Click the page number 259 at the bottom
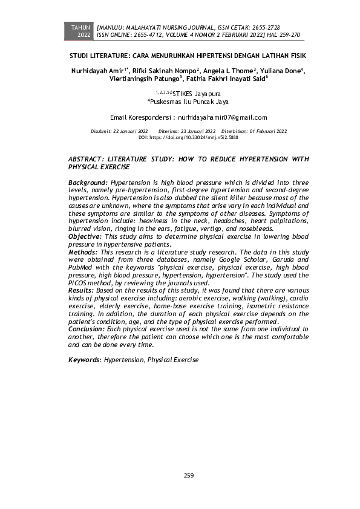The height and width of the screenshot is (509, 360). (189, 476)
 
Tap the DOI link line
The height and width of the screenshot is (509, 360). (188, 138)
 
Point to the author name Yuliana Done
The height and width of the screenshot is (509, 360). (281, 71)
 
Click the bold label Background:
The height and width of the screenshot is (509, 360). (88, 182)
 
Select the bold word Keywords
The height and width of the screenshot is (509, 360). (84, 359)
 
